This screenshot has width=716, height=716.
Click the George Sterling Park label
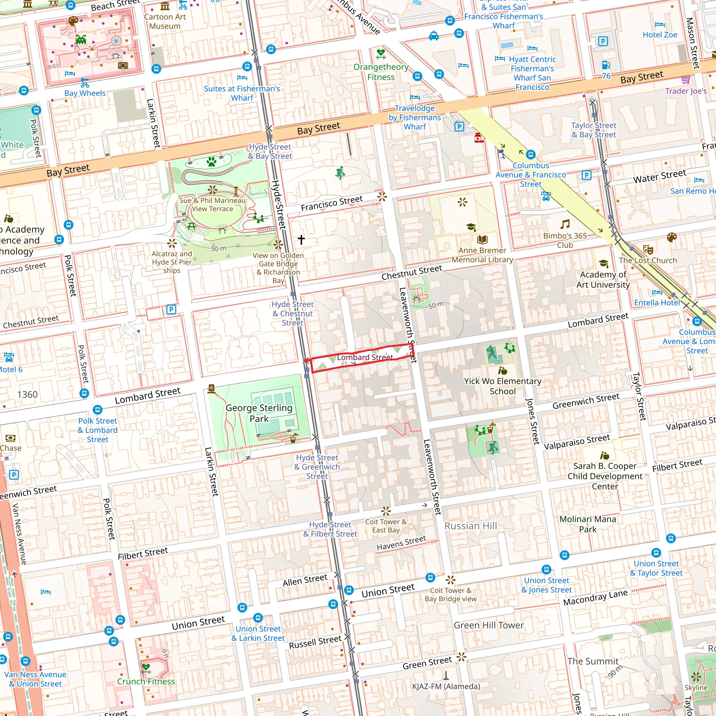[259, 413]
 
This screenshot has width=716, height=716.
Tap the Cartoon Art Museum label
[165, 21]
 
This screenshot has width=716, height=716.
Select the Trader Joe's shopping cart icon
[686, 79]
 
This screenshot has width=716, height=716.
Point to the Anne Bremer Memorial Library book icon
[482, 239]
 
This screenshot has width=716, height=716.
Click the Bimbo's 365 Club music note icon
[565, 224]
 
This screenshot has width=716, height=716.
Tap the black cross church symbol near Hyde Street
[301, 239]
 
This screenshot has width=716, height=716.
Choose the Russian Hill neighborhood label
[471, 526]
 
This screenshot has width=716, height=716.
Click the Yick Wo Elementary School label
[502, 386]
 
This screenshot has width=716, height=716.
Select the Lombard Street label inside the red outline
[365, 357]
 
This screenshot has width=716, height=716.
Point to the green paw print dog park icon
[212, 162]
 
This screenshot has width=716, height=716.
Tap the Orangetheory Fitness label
[381, 72]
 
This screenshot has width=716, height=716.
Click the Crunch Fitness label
[146, 681]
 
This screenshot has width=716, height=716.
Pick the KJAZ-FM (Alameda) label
[446, 686]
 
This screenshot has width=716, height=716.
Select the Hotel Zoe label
[660, 35]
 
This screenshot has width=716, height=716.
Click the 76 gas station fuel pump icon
[606, 65]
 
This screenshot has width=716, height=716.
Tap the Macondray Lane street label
[595, 597]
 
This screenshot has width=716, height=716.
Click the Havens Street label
[401, 543]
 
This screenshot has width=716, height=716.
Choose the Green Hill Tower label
[488, 625]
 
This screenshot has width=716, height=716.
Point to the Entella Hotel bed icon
[657, 292]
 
